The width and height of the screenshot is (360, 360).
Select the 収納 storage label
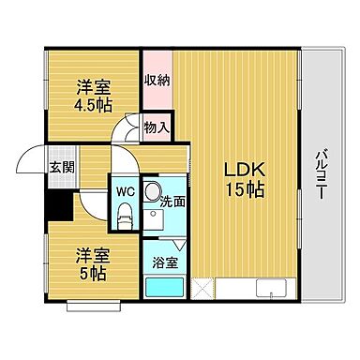(156, 80)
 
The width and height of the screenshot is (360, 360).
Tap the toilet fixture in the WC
(123, 217)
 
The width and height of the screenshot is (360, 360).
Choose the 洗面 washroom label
(172, 200)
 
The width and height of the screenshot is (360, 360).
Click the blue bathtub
(163, 285)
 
